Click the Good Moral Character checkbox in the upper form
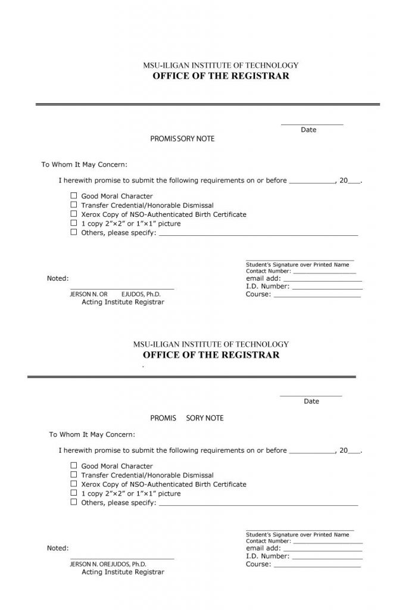coord(74,196)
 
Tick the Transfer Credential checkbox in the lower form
coord(74,475)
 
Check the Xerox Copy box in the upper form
coord(74,214)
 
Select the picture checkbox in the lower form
coord(74,493)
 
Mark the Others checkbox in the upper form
coord(74,232)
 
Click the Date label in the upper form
coord(308,130)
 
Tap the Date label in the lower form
coord(311,402)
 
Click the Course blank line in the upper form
coord(316,295)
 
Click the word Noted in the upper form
coord(58,278)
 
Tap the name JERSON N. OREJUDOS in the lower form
coord(108,564)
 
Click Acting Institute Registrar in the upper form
coord(122,302)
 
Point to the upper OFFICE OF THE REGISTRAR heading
coord(221,76)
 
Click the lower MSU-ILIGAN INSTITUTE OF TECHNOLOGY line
coord(211,344)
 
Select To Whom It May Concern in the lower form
coord(92,434)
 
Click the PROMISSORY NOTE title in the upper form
coord(182,139)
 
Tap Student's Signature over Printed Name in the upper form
coord(297,264)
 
